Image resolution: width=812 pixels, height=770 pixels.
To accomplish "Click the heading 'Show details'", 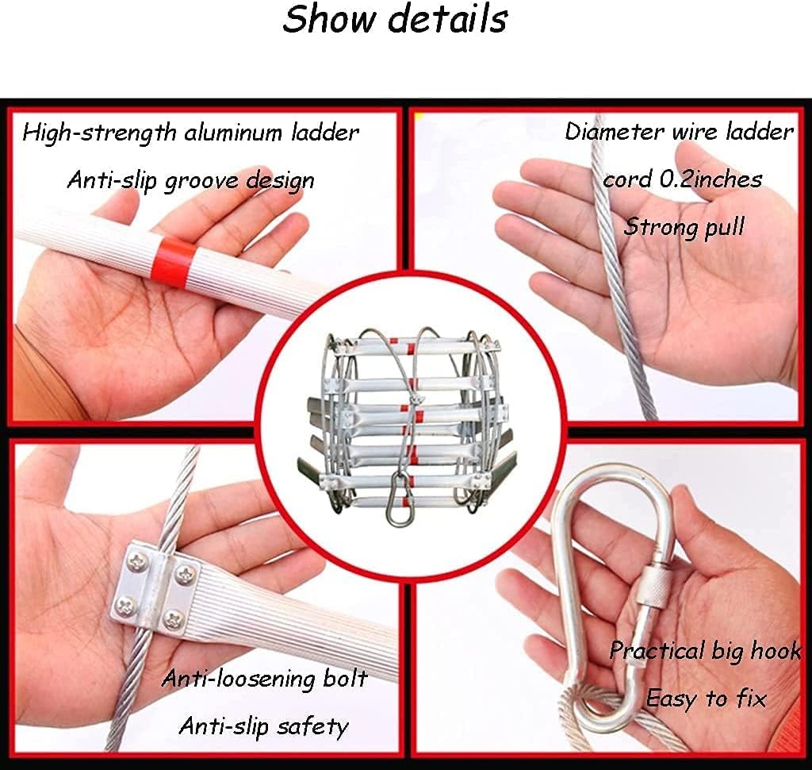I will click(x=394, y=19).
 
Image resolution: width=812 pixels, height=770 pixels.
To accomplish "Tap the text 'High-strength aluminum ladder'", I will click(x=190, y=133).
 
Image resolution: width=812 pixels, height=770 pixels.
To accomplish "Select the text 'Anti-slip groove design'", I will click(x=190, y=180).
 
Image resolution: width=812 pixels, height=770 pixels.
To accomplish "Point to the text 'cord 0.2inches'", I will click(x=682, y=179).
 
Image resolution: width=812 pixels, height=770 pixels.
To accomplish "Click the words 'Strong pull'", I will click(x=684, y=227).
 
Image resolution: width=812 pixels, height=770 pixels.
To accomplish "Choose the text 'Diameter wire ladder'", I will click(x=679, y=132).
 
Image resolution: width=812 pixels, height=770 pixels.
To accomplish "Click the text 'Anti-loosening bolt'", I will click(x=265, y=679).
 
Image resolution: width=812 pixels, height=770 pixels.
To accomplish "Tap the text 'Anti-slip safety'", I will click(x=263, y=726).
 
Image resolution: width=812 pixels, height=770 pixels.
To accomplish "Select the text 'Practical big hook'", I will click(x=705, y=652).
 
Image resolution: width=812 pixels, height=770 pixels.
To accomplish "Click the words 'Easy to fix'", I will click(x=706, y=699).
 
